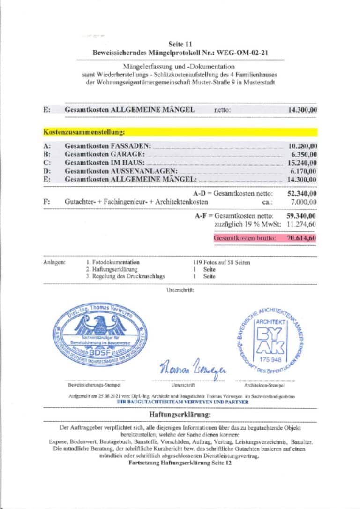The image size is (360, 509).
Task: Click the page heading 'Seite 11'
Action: point(180,44)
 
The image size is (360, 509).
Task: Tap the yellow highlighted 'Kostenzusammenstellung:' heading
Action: point(84,133)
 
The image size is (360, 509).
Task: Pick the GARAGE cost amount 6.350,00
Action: point(304,154)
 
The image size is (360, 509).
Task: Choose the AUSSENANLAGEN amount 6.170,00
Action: point(304,171)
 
